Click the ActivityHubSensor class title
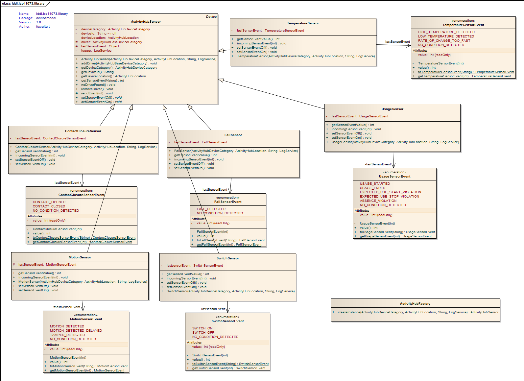tap(146, 22)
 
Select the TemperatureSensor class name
tap(303, 23)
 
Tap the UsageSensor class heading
tap(392, 109)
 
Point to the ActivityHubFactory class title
tap(415, 304)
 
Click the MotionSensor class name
tap(80, 257)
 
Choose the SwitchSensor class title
tap(227, 258)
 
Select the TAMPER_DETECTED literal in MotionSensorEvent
tap(67, 335)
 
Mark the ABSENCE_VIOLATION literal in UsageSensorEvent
tap(378, 201)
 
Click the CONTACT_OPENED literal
tap(49, 202)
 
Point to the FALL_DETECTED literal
tap(211, 209)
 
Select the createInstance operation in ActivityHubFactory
tap(418, 312)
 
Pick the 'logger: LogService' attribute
tap(96, 51)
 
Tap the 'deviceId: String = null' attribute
tap(99, 34)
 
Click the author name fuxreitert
tap(43, 27)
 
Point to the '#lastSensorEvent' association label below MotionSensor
tap(67, 307)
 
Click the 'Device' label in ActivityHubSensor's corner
tap(211, 17)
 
